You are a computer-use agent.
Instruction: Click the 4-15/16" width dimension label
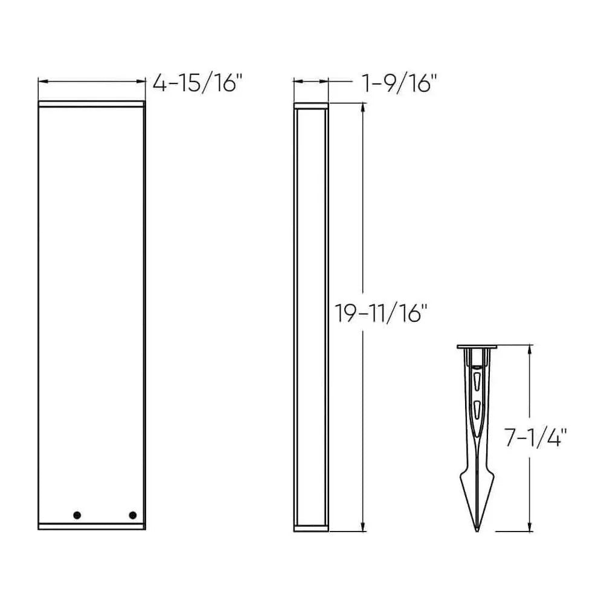click(x=197, y=83)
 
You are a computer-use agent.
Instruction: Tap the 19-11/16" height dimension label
click(x=382, y=314)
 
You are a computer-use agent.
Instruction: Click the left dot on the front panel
click(x=77, y=515)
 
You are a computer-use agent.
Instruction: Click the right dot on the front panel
click(x=132, y=515)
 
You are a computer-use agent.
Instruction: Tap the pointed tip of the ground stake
click(x=477, y=530)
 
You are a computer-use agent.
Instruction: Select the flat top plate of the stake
click(x=477, y=347)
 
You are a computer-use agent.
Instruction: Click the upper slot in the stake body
click(x=477, y=382)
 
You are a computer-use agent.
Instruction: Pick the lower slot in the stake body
click(x=477, y=408)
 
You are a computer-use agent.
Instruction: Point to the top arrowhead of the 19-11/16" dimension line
click(x=362, y=108)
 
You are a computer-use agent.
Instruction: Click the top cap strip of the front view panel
click(x=91, y=104)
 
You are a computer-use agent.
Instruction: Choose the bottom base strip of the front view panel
click(x=91, y=526)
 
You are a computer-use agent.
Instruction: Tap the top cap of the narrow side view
click(x=311, y=106)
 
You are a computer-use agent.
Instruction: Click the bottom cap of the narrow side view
click(x=311, y=528)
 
